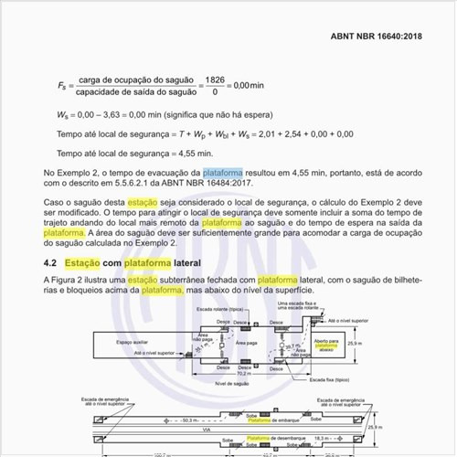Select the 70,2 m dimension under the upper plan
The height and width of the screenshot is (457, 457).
243,373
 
